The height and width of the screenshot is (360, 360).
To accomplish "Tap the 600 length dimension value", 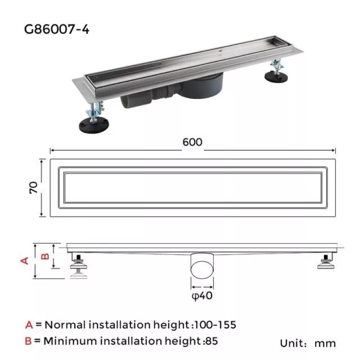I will tap(192, 142).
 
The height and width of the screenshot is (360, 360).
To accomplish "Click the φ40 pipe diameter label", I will tap(202, 296).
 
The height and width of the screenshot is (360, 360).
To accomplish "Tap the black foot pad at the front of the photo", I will tap(94, 125).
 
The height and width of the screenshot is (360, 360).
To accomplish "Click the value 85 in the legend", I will tap(211, 341).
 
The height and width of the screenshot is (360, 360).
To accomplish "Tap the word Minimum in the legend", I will tap(70, 341).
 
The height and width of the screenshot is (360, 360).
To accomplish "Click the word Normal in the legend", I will tap(66, 324).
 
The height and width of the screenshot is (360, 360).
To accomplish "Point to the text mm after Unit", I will tap(325, 343).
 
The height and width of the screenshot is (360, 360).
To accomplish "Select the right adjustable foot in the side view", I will tap(325, 261).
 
